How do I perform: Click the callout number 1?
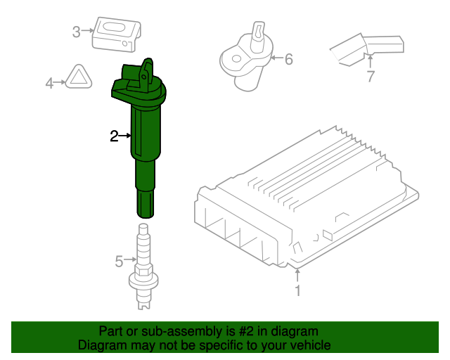point(297,290)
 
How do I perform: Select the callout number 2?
point(114,136)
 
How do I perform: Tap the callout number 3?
point(76,31)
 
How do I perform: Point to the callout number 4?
point(49,84)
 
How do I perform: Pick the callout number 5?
point(119,262)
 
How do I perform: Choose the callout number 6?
point(288,59)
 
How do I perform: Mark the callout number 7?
point(371,77)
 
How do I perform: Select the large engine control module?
point(309,197)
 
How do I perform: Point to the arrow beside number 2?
point(126,135)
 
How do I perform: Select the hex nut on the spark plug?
point(143,271)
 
